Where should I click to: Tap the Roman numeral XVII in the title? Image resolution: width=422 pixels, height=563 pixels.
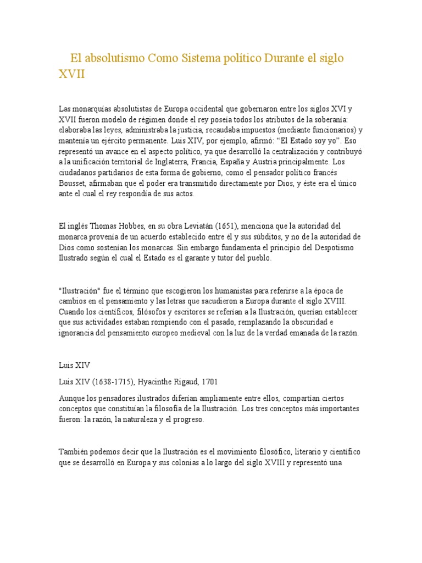point(72,74)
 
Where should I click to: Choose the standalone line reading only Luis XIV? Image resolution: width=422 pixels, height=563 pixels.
point(74,365)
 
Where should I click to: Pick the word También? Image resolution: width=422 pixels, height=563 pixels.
point(74,451)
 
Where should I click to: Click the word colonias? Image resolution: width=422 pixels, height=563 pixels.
point(181,462)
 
